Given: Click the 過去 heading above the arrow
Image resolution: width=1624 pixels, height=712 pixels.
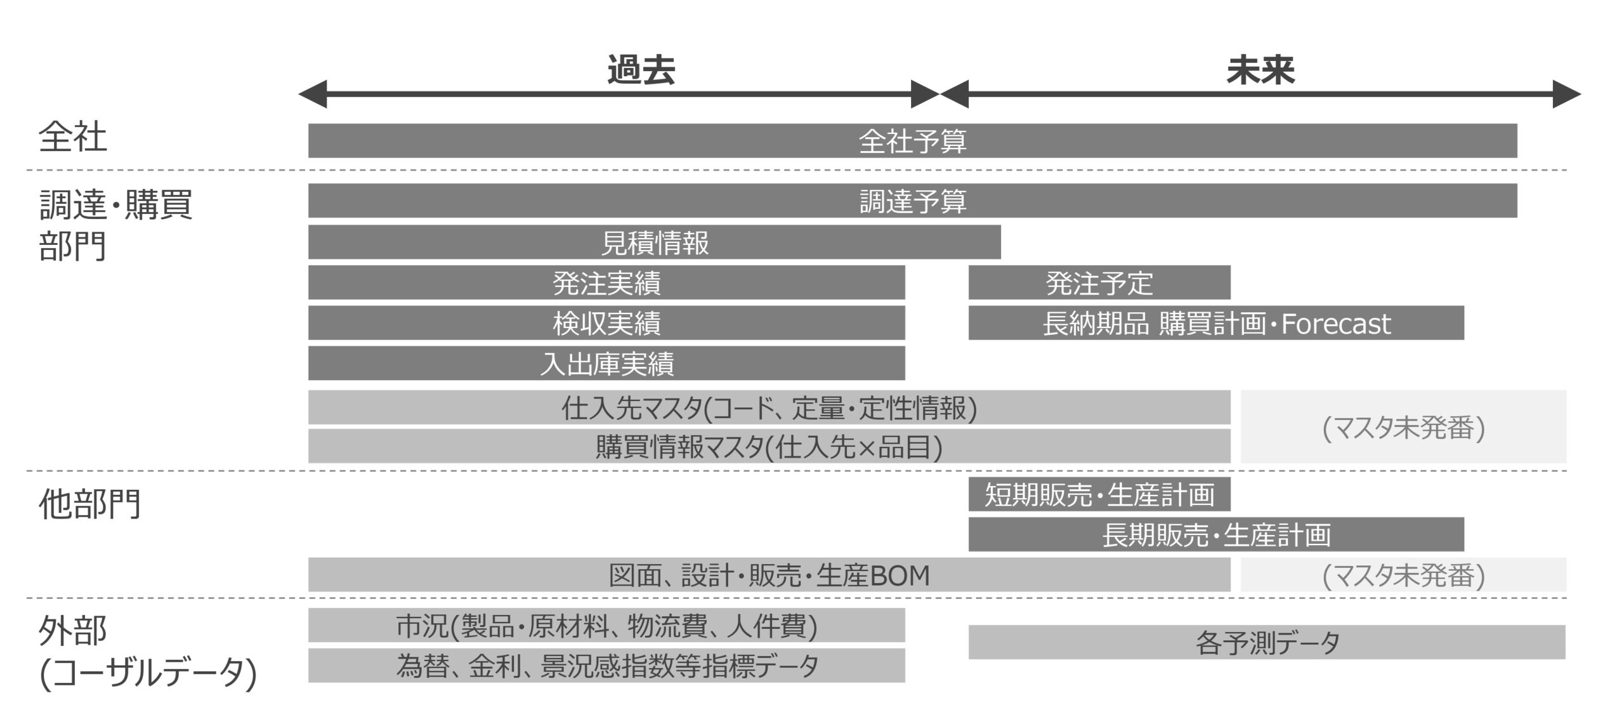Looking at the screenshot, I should coord(641,70).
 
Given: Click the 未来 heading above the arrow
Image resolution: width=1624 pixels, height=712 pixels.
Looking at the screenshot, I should coord(1260,70).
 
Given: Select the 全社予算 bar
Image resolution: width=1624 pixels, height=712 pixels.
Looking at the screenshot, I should coord(912,141).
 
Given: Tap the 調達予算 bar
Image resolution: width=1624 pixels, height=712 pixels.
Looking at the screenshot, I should coord(912,201).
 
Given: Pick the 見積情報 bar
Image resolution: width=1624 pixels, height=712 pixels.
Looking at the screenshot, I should coord(654,242).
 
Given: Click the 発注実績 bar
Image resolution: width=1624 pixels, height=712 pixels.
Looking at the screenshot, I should coord(606,282).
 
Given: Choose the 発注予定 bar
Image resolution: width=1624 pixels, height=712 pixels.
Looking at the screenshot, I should coord(1099,282).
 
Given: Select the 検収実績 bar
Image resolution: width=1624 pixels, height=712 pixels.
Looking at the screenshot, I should coord(606,323).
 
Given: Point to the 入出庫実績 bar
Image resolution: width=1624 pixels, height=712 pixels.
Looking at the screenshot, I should coord(606,363).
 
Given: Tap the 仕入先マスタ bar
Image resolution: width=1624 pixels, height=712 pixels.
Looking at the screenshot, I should coord(769,407).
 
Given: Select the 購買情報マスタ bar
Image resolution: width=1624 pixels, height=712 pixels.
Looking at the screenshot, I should coord(769,446).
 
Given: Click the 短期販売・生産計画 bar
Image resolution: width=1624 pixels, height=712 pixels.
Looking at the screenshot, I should coord(1099,494).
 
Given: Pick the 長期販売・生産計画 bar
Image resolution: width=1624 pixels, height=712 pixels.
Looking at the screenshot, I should coord(1215,534).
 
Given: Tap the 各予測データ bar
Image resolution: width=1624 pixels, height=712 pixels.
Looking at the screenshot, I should coord(1267,642).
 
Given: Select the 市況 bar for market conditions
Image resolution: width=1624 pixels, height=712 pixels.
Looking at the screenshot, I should coord(606,625).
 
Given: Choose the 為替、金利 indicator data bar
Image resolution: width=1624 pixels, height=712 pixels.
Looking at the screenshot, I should coord(606,666).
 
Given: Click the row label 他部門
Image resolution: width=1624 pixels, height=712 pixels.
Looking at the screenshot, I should coord(89,504).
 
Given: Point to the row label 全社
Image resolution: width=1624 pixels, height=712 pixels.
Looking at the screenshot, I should coord(73,136).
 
